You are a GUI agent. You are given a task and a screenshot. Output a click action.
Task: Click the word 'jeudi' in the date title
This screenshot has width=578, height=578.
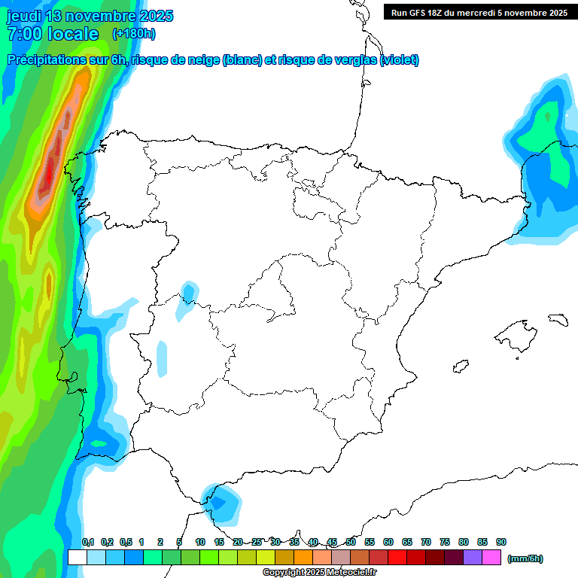[27, 16]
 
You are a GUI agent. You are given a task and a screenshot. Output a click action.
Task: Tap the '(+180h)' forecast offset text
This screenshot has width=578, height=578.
[133, 33]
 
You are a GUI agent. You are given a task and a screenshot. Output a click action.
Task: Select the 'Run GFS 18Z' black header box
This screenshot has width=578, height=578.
[479, 12]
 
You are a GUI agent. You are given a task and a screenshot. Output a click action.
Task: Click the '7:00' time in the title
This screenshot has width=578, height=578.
[23, 34]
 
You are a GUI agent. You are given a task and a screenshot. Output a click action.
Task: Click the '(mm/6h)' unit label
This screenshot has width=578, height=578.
[525, 558]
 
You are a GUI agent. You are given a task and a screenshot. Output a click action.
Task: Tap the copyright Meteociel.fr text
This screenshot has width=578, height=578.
[320, 573]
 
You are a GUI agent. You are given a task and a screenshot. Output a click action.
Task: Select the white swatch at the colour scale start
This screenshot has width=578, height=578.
[77, 558]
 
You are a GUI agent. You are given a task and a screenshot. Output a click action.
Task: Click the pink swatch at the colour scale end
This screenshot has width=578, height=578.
[491, 558]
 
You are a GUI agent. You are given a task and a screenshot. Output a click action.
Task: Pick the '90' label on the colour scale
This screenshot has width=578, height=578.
[501, 542]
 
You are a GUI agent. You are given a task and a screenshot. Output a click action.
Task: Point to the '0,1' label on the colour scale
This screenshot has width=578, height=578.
[87, 542]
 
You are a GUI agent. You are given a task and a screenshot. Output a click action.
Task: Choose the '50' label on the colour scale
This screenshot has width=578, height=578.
[351, 542]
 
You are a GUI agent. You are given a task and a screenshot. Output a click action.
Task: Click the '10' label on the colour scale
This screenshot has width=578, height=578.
[199, 542]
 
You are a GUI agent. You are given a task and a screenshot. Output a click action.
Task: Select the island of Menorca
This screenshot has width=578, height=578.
[558, 319]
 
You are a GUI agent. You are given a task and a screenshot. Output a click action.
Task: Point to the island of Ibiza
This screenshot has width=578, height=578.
[461, 367]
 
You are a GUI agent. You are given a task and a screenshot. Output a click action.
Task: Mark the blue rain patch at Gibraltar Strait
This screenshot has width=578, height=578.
[221, 501]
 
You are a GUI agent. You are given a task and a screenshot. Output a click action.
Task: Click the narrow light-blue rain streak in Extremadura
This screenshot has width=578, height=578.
[161, 358]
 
